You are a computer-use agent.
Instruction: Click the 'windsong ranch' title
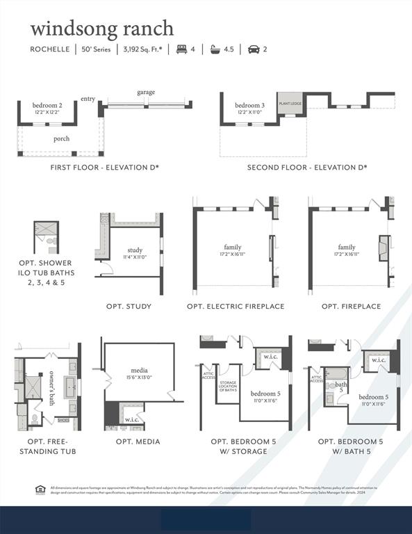[101, 29]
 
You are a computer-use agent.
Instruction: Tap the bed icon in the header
[182, 49]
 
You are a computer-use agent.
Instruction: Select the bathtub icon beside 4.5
[214, 49]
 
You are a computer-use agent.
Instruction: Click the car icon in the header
[254, 49]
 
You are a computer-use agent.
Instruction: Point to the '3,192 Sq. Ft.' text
[142, 49]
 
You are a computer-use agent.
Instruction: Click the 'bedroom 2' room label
[47, 105]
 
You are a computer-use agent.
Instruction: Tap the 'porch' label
[61, 138]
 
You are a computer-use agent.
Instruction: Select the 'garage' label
[146, 92]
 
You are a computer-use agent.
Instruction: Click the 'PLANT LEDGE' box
[290, 103]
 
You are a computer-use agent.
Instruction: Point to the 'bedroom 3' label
[249, 105]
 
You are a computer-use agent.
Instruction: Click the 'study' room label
[135, 250]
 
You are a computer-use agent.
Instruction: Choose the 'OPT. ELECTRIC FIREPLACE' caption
[236, 306]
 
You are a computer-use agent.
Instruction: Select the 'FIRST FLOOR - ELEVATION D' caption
[105, 168]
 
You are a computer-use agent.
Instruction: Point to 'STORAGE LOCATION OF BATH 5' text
[227, 386]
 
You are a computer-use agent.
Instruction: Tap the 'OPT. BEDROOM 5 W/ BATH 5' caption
[350, 446]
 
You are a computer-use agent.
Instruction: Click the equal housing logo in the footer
[40, 489]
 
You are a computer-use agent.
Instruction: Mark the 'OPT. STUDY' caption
[129, 306]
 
